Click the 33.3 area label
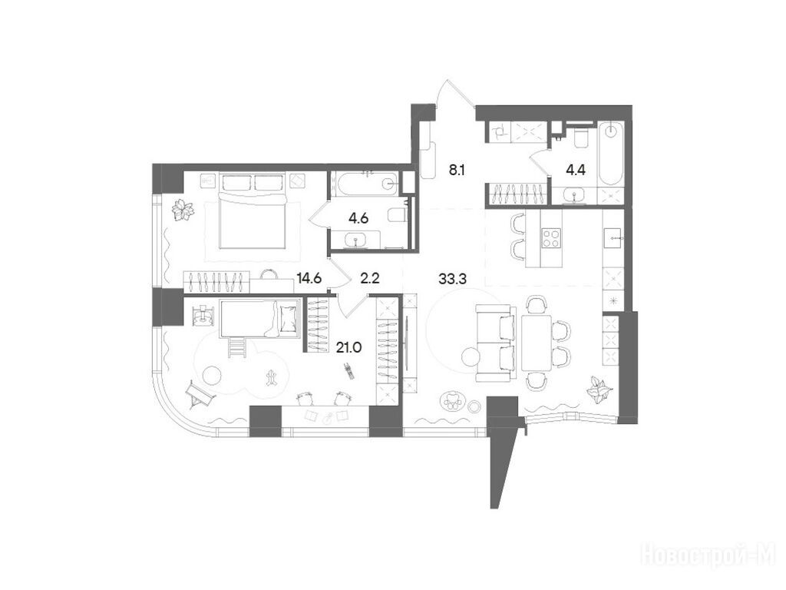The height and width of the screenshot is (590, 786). pyautogui.click(x=452, y=280)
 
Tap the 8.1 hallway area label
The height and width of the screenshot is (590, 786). pyautogui.click(x=457, y=171)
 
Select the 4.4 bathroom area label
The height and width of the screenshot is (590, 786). pyautogui.click(x=576, y=170)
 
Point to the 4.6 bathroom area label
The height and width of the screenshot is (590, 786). pyautogui.click(x=358, y=218)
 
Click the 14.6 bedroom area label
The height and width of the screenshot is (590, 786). pyautogui.click(x=309, y=278)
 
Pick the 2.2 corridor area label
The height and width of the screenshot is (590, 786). pyautogui.click(x=369, y=278)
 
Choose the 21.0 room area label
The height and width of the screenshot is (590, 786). pyautogui.click(x=349, y=347)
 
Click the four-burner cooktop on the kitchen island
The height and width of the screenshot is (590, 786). pyautogui.click(x=551, y=238)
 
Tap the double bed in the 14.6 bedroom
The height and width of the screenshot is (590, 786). pyautogui.click(x=253, y=210)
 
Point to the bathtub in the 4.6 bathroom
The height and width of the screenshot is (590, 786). pyautogui.click(x=367, y=184)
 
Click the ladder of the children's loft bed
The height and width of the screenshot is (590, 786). pyautogui.click(x=236, y=347)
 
